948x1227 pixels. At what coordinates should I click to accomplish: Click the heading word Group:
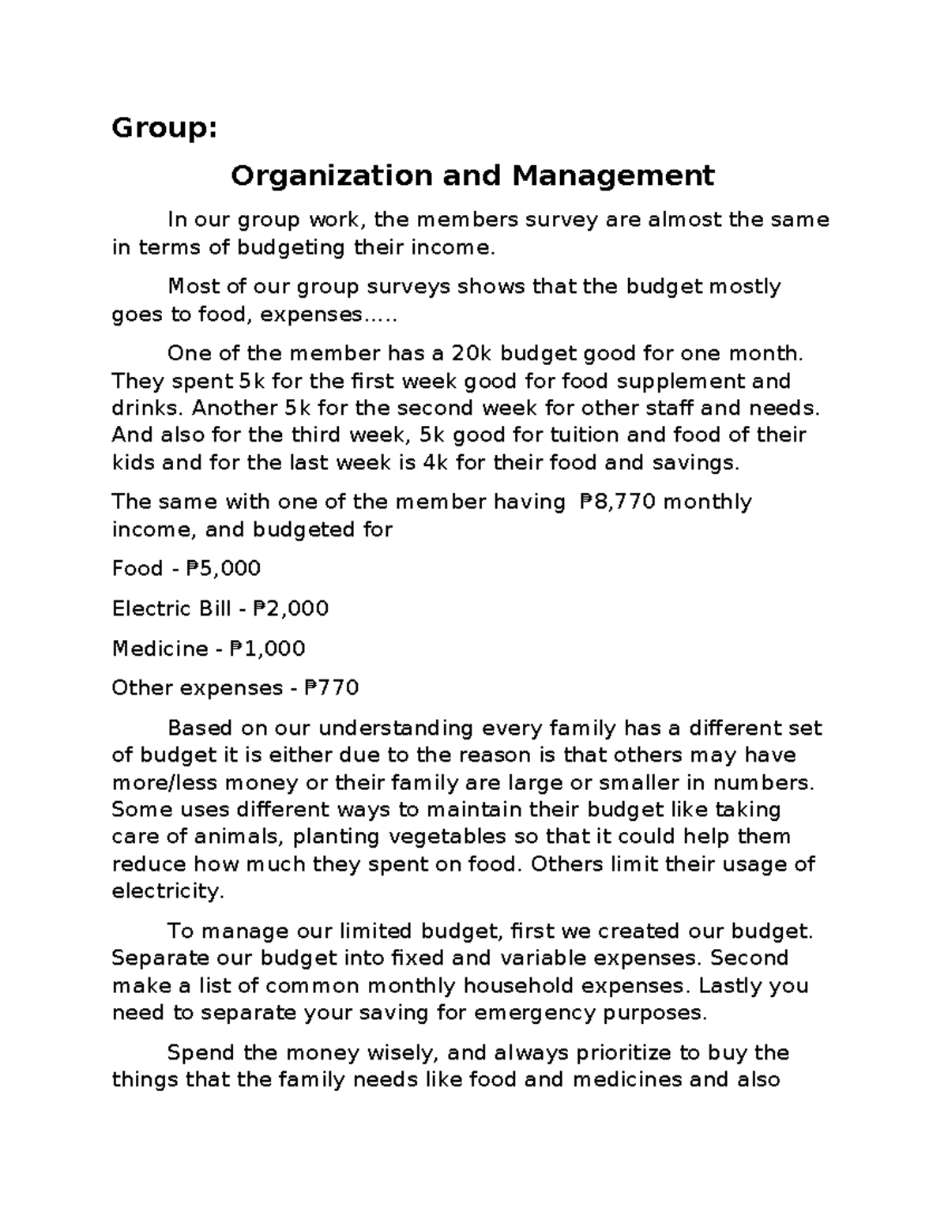tap(164, 128)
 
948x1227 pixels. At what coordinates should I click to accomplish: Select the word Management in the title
tap(613, 175)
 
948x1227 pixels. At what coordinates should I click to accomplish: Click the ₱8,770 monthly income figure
tap(617, 502)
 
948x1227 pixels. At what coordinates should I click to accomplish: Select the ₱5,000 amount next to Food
tap(223, 569)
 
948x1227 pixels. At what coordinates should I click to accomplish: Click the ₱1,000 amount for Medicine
tap(267, 649)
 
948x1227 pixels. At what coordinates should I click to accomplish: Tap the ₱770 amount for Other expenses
tap(331, 688)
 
